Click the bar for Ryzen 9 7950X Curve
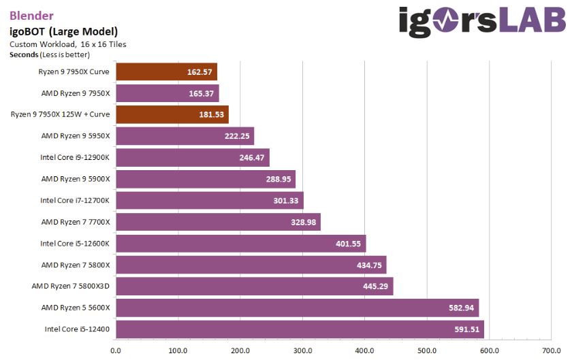coord(166,71)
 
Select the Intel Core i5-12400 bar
coord(300,329)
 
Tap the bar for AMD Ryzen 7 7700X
coord(218,222)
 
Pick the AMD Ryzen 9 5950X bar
coord(185,136)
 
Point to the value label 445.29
coord(375,287)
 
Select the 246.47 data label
coord(251,157)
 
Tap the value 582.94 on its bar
coord(461,308)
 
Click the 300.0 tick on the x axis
coord(302,351)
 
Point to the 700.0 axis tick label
coord(551,351)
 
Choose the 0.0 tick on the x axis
coord(116,351)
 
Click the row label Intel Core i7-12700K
coord(75,200)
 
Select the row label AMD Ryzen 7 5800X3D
coord(71,286)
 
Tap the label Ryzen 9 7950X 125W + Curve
coord(60,114)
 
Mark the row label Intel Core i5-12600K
coord(75,243)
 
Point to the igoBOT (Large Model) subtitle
coord(63,31)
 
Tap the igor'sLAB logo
coord(481,22)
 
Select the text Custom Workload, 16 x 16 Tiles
coord(67,44)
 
